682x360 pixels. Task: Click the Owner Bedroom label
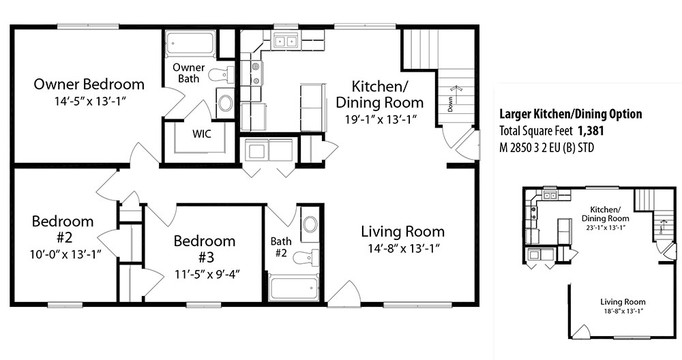pos(89,84)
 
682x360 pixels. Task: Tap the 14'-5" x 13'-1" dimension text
pos(90,102)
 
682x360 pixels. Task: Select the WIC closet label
pos(202,134)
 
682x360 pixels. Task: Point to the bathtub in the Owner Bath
pos(191,44)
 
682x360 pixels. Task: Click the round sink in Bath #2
pos(310,224)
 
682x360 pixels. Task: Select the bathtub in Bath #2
pos(293,288)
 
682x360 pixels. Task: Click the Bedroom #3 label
pos(205,249)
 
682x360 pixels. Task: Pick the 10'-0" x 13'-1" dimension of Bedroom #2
pos(65,254)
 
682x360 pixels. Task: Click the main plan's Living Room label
pos(403,231)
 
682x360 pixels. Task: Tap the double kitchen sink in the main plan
pos(285,42)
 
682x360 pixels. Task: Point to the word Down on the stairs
pos(450,104)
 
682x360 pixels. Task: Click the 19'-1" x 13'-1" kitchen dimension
pos(381,119)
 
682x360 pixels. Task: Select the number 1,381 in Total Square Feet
pos(591,130)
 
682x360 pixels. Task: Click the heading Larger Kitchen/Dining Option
pos(571,115)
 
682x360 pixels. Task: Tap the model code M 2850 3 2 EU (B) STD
pos(547,148)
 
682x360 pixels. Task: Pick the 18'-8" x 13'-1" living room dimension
pos(623,311)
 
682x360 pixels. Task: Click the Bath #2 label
pos(281,247)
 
